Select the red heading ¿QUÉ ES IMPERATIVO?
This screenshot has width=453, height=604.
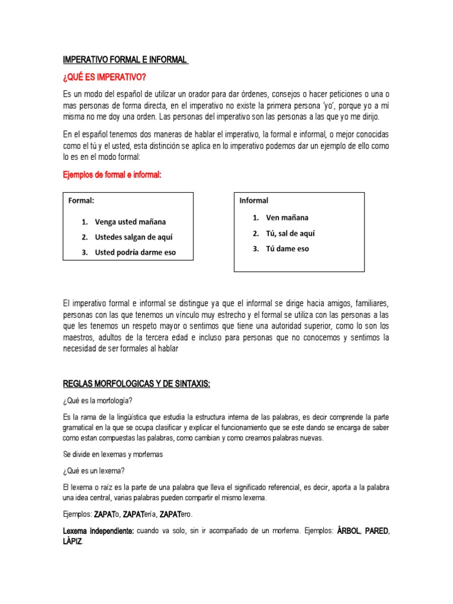[x=104, y=78]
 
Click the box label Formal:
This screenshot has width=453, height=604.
[x=81, y=201]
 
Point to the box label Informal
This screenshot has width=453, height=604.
[x=254, y=201]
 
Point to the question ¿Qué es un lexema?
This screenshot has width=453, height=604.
[x=94, y=470]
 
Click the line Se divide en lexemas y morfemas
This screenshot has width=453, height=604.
[x=113, y=455]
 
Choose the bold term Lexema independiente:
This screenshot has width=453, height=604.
[x=98, y=531]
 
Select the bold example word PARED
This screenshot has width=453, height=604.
[x=377, y=531]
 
